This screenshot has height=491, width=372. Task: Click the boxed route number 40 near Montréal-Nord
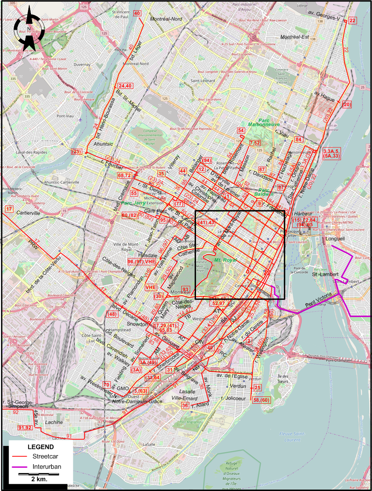coord(137,13)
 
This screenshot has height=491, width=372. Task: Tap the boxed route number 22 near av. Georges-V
coord(352,20)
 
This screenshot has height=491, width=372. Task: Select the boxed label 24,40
coord(125,86)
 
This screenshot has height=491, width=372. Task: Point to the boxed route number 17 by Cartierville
coord(9,209)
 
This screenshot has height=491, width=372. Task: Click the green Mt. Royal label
coord(225,260)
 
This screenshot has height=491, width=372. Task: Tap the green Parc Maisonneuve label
coord(264,122)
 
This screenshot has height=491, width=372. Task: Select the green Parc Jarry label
coord(133,203)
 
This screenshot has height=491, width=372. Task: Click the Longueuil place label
coord(335,239)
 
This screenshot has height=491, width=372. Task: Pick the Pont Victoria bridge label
coord(318,299)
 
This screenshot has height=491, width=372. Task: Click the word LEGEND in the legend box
coord(41,447)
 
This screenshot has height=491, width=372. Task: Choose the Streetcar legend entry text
coord(45,456)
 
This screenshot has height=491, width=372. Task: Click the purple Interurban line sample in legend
coord(19,467)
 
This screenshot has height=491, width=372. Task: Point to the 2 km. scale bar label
coord(39,479)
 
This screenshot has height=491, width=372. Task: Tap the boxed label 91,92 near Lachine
coord(25,427)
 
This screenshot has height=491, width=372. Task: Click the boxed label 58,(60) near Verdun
coord(261,400)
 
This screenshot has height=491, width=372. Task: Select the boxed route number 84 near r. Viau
coord(298,139)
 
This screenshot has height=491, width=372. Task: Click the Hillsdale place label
coord(148,255)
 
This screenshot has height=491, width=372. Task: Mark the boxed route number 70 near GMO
coord(107,385)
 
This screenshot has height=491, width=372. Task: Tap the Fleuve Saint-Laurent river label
coord(292,437)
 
